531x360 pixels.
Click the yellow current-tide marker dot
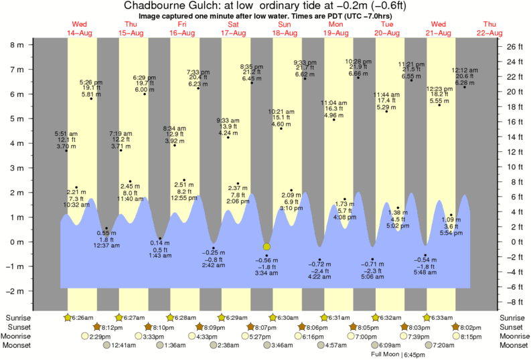tap(267, 246)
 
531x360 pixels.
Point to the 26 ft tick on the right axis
tap(512, 47)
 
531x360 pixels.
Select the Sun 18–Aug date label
tap(285, 28)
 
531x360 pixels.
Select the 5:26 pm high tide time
tap(91, 82)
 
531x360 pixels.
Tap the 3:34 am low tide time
tap(271, 273)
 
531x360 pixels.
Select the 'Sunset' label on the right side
tap(513, 327)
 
